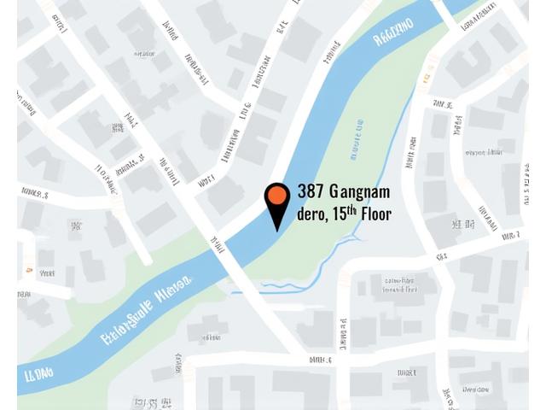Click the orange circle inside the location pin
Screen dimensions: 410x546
[277, 196]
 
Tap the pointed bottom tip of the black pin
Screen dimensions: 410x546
[277, 230]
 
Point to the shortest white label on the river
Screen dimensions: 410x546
[38, 374]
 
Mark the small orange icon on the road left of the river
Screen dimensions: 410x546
[28, 270]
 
